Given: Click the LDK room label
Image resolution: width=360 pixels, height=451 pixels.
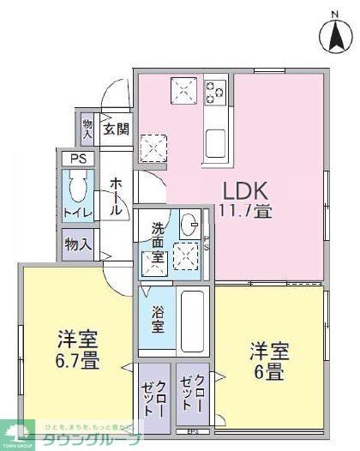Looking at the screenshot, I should coord(247,190).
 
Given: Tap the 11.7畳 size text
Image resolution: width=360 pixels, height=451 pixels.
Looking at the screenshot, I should coord(247,210).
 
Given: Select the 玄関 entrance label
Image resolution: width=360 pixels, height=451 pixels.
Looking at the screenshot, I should coord(117,129).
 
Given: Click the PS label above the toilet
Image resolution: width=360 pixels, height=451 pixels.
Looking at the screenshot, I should coord(79,159).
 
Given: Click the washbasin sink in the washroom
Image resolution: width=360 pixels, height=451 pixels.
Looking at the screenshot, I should coord(189,227).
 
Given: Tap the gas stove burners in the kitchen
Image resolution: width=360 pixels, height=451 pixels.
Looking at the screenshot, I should coord(213,90).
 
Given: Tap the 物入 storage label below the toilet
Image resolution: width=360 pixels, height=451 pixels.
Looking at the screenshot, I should coord(78,244).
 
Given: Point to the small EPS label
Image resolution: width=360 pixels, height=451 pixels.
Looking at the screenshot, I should coord(194,430).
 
